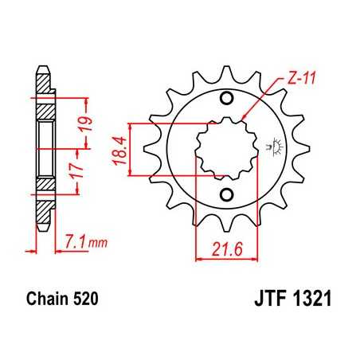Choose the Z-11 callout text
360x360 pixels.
coord(295,79)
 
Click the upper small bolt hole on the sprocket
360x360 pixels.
coord(226,99)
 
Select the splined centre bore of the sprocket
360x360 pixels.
coord(226,148)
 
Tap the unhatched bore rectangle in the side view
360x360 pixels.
coord(45,148)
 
